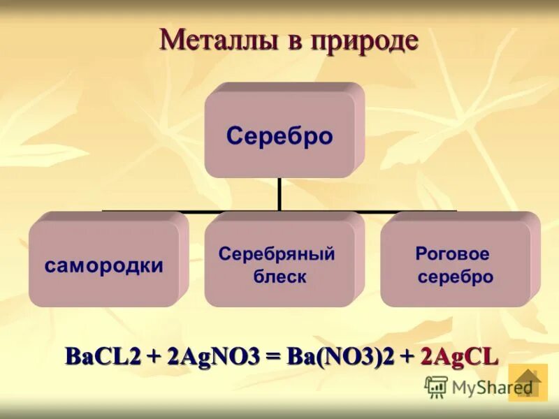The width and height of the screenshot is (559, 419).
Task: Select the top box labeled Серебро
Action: click(279, 135)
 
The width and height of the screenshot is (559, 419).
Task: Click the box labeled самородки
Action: click(104, 265)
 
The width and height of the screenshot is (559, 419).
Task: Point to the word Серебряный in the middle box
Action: click(277, 253)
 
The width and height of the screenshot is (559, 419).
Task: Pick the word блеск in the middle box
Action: click(279, 277)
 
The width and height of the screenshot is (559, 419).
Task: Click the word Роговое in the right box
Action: click(452, 253)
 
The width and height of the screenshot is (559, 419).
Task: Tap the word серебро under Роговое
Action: click(456, 277)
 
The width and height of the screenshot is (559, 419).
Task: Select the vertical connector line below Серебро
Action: click(279, 193)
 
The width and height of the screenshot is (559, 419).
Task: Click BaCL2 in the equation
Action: click(103, 356)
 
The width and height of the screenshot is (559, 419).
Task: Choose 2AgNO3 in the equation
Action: click(212, 356)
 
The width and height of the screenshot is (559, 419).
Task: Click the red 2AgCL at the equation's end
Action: click(459, 356)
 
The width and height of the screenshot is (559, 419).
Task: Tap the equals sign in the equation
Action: click(273, 357)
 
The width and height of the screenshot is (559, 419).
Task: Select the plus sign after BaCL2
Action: click(154, 357)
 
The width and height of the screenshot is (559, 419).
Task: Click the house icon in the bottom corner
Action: click(528, 383)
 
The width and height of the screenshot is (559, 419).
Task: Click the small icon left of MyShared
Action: click(436, 386)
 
